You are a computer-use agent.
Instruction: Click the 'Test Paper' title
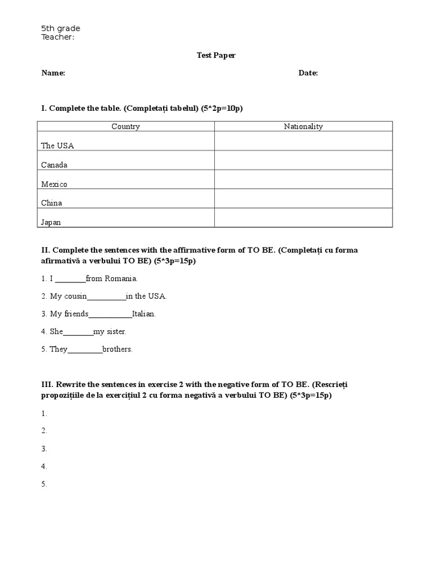(x=216, y=55)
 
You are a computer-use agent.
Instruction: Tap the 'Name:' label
(x=53, y=73)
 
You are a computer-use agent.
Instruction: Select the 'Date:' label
(x=308, y=73)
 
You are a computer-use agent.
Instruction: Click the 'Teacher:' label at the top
(x=57, y=37)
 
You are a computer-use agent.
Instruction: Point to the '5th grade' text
(x=61, y=29)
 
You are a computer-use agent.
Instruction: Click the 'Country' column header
(x=125, y=127)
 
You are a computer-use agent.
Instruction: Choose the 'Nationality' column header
(x=303, y=127)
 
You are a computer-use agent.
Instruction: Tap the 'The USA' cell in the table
(x=57, y=146)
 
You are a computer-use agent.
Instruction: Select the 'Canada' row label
(x=54, y=165)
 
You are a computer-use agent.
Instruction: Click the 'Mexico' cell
(x=54, y=184)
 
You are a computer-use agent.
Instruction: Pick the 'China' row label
(x=52, y=203)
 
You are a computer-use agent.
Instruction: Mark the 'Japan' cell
(x=51, y=222)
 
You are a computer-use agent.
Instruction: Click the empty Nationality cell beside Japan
(x=303, y=218)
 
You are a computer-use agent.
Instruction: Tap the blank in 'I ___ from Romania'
(x=70, y=278)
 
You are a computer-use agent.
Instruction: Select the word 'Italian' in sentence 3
(x=143, y=314)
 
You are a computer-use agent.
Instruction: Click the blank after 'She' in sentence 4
(x=78, y=332)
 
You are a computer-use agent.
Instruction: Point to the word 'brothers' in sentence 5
(x=117, y=349)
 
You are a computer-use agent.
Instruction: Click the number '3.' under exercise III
(x=44, y=449)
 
